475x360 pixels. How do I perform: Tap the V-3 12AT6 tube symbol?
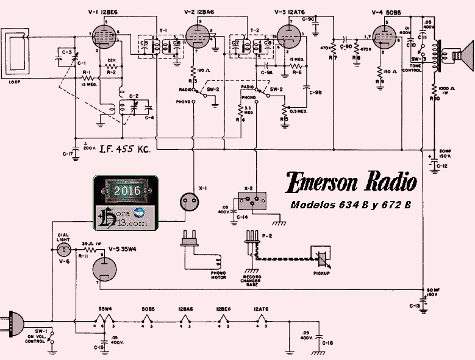(x=289, y=37)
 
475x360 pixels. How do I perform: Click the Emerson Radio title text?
(x=352, y=182)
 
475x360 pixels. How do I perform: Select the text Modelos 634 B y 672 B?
(x=350, y=205)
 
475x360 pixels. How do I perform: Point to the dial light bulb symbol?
(x=62, y=250)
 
